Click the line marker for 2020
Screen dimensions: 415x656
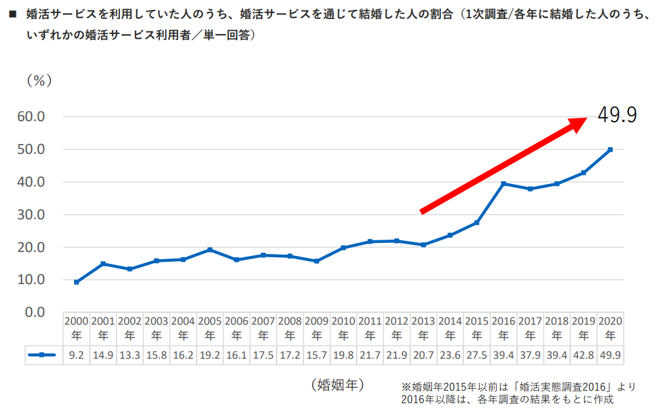click(x=610, y=150)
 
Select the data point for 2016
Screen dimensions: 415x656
click(x=503, y=184)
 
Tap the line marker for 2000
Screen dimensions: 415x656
click(x=77, y=282)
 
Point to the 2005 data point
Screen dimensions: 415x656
click(x=210, y=249)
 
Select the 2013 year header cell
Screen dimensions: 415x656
click(x=423, y=328)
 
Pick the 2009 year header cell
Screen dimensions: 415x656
click(x=317, y=328)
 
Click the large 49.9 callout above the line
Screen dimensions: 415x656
click(x=617, y=116)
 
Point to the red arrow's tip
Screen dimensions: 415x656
click(x=585, y=120)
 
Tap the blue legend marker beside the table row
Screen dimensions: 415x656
click(x=41, y=355)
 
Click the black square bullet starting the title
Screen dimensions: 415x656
click(x=12, y=13)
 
